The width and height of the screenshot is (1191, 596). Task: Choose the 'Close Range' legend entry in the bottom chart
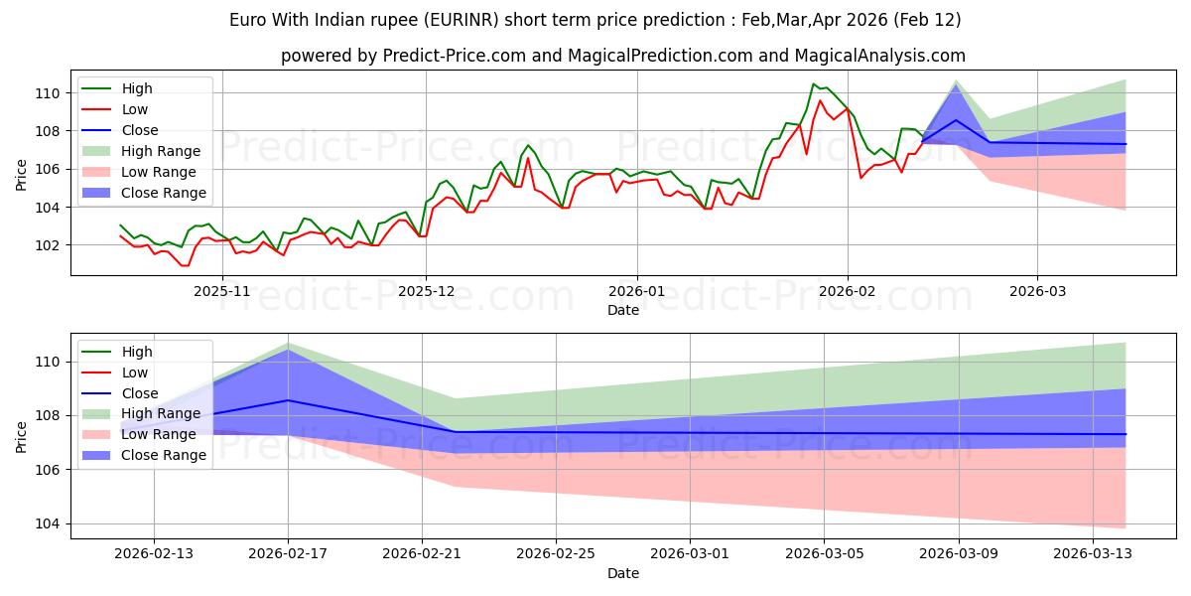(164, 455)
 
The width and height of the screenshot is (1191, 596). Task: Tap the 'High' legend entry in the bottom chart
(137, 352)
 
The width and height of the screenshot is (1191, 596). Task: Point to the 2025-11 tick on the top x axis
(221, 291)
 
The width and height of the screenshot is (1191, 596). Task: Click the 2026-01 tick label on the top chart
(636, 291)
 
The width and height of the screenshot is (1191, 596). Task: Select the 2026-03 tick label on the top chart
(1037, 291)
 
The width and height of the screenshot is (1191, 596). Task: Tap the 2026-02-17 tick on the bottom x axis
(288, 554)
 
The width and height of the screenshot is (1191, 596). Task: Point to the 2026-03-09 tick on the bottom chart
(959, 554)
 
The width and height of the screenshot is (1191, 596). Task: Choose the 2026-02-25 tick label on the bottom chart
(556, 554)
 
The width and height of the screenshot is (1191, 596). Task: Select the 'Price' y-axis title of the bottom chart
(23, 436)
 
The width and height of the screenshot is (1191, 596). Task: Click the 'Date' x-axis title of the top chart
(622, 311)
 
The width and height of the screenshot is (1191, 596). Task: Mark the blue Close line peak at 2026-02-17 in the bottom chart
(288, 400)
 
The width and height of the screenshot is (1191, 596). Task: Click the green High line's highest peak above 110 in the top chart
(814, 84)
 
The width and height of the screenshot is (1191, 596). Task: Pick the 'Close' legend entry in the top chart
(140, 130)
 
